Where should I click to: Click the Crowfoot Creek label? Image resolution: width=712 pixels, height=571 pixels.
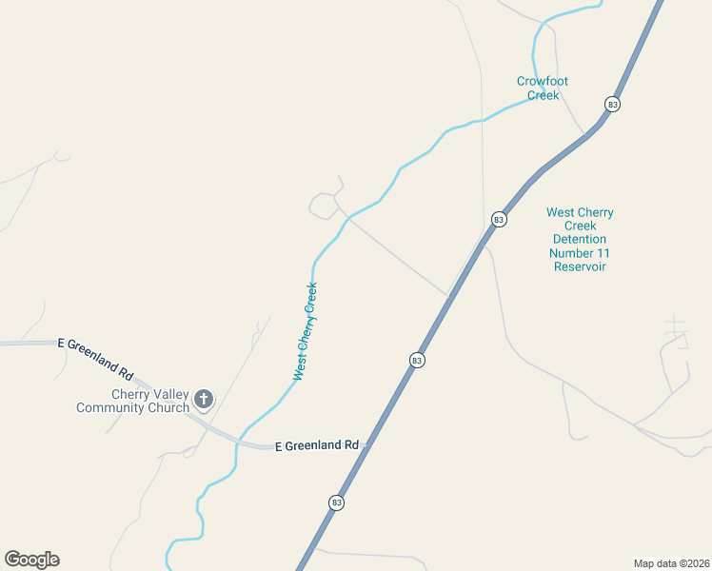543,89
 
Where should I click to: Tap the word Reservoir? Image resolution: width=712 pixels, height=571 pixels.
580,266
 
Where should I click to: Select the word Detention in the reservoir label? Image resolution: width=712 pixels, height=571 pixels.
580,240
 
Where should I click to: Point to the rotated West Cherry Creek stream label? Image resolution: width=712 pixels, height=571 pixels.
306,331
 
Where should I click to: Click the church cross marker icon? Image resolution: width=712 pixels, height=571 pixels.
203,399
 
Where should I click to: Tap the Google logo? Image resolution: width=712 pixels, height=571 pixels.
32,560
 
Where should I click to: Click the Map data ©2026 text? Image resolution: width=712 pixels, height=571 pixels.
671,563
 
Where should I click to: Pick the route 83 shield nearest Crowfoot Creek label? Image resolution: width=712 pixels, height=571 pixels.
612,104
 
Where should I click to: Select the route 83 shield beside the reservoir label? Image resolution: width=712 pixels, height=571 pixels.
499,220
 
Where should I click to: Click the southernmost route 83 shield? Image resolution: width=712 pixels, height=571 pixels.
336,502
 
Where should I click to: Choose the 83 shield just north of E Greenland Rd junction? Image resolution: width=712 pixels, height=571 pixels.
417,361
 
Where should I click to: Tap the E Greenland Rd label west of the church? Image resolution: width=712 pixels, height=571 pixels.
95,355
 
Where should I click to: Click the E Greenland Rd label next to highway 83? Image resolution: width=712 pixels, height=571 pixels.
316,445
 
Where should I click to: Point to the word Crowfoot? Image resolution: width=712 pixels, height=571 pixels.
543,82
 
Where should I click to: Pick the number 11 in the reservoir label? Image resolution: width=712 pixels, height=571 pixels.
603,253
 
